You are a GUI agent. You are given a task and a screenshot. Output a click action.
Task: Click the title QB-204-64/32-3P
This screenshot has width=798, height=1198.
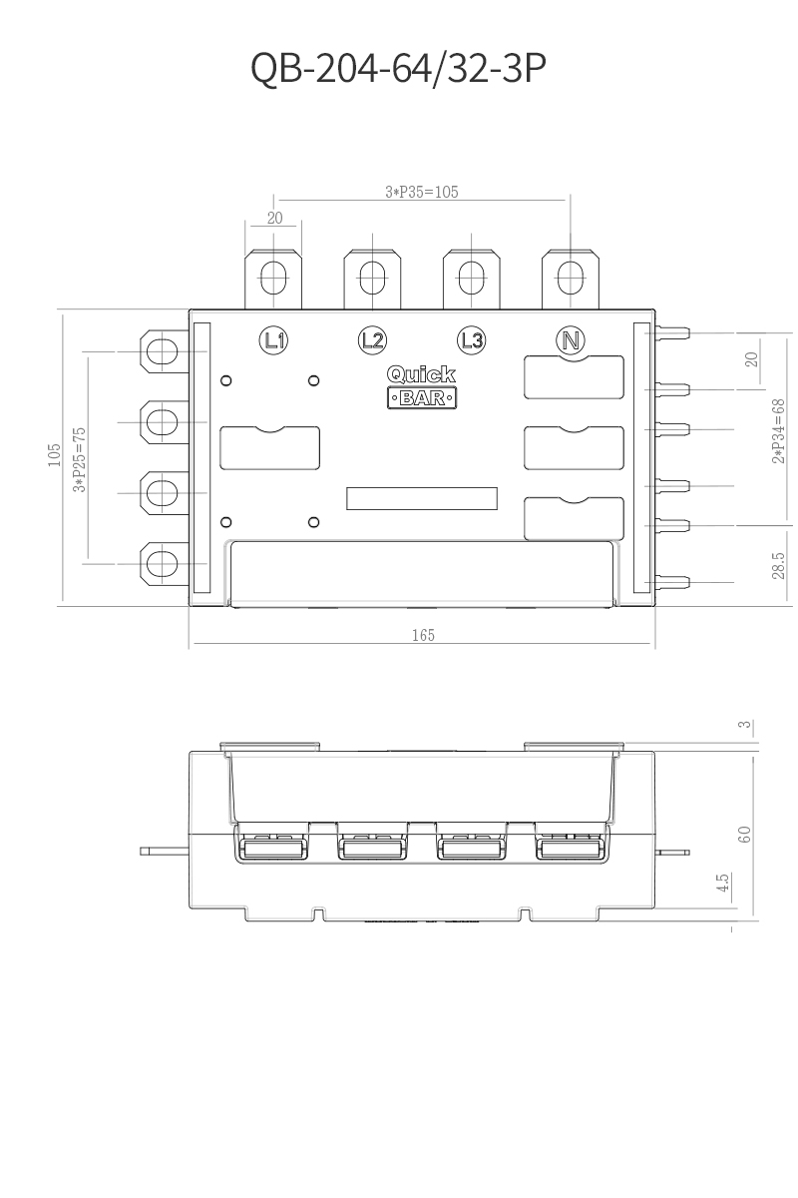[398, 68]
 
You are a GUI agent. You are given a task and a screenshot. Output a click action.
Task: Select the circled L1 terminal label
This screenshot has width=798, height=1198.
[273, 340]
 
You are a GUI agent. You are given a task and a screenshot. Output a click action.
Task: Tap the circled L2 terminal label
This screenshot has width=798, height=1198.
[372, 340]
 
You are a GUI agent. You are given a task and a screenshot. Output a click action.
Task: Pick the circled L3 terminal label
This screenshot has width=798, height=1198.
[472, 340]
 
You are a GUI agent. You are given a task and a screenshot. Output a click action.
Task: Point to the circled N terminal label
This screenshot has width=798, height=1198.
[571, 340]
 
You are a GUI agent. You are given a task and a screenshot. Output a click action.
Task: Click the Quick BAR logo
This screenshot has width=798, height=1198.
[422, 386]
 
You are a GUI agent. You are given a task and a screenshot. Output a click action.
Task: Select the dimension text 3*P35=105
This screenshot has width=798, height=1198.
[422, 192]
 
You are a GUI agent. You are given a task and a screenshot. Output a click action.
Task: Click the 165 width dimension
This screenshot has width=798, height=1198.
[423, 635]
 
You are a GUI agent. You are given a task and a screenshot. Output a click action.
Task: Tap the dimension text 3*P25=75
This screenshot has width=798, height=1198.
[79, 460]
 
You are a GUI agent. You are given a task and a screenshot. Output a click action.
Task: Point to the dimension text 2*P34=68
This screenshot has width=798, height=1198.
[779, 431]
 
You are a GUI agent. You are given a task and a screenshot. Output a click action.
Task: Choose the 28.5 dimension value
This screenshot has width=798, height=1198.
[779, 566]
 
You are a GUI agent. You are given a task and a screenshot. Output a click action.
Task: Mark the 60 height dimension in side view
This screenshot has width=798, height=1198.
[744, 835]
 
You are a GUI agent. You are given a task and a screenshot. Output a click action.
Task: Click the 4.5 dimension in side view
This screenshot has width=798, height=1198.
[722, 883]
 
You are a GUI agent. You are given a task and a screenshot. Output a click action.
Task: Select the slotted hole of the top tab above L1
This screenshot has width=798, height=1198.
[273, 278]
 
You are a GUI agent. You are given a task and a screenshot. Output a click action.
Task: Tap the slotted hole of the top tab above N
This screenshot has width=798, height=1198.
[571, 278]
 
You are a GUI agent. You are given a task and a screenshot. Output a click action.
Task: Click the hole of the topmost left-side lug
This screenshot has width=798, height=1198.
[162, 351]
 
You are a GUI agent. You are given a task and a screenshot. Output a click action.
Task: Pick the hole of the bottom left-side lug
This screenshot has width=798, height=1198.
[162, 563]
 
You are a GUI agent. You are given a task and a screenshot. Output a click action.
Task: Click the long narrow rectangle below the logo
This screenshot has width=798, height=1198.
[422, 498]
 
